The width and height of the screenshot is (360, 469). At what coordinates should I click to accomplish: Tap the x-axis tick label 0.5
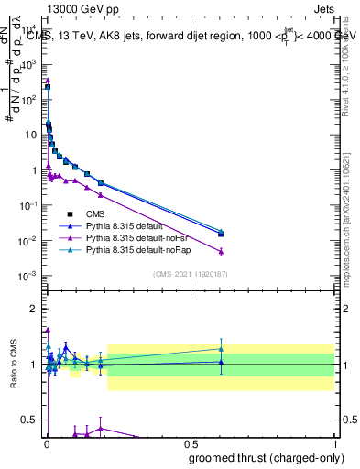click(x=191, y=443)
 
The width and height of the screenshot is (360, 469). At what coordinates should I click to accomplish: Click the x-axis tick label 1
click(x=335, y=443)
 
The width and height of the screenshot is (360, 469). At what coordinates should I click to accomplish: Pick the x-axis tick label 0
click(x=47, y=443)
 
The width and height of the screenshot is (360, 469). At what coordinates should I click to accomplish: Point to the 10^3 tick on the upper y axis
click(x=32, y=64)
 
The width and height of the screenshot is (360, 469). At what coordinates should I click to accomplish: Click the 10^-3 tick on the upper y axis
click(x=32, y=276)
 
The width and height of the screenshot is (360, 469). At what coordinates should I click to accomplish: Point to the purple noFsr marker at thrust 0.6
click(x=220, y=251)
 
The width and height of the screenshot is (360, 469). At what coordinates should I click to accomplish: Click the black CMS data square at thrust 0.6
click(x=220, y=234)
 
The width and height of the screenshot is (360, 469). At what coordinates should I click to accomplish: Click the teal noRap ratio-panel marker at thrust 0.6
click(x=220, y=349)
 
